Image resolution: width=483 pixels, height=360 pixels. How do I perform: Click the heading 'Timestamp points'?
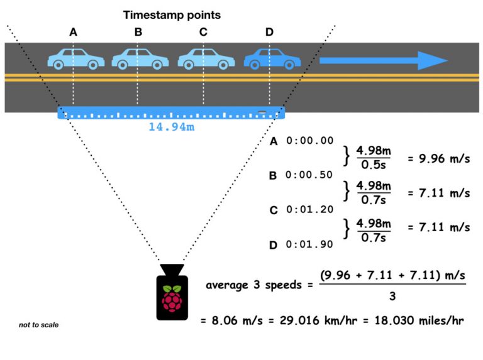pos(171,14)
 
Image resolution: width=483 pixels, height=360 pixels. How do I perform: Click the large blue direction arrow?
pos(383,60)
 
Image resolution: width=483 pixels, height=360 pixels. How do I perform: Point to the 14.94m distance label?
pos(171,127)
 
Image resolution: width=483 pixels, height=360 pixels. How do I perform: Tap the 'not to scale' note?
pos(38,325)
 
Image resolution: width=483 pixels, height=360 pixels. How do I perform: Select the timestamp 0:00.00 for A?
pos(309,141)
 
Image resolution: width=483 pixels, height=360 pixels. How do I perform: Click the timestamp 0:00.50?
pos(309,175)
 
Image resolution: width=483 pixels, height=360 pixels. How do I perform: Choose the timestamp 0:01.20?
pos(309,210)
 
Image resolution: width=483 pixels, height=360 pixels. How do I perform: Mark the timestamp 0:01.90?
pos(309,244)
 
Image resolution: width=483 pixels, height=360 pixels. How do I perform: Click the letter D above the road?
pos(269,33)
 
